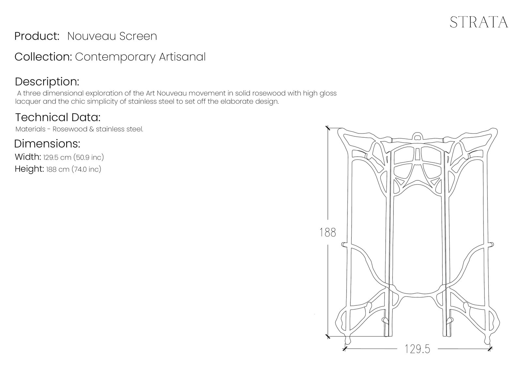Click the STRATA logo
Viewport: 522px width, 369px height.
[479, 22]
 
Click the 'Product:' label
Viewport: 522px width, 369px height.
[37, 36]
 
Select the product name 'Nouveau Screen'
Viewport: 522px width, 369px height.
[112, 36]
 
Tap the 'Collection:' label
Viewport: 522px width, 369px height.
[43, 57]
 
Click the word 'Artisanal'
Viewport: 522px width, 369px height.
[182, 57]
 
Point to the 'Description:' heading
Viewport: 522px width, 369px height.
[47, 81]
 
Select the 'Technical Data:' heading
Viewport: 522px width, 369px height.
[58, 117]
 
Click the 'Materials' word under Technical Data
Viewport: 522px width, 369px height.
[30, 129]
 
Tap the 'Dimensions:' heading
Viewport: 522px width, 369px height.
[47, 144]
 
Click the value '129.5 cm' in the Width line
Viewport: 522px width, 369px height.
[57, 158]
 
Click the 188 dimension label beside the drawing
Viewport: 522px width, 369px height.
[328, 232]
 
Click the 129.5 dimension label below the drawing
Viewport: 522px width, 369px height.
[417, 349]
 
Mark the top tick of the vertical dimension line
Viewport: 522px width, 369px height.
[328, 128]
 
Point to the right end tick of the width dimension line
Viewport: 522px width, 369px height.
[489, 349]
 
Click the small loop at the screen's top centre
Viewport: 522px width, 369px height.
[417, 136]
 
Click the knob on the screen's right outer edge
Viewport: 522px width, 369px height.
[491, 244]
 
